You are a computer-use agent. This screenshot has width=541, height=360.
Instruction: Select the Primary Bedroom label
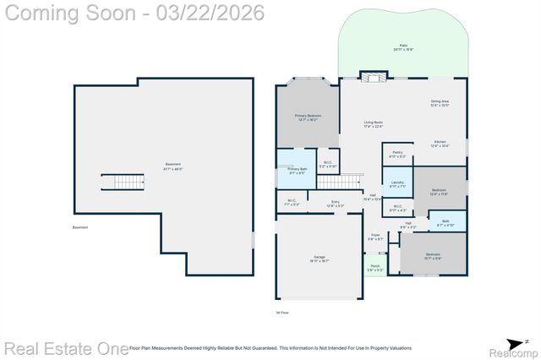[x=309, y=118]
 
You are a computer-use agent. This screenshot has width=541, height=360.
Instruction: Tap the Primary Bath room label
[x=297, y=172]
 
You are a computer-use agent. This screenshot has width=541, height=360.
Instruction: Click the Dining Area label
[x=440, y=103]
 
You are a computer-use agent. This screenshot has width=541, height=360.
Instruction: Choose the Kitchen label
[x=440, y=144]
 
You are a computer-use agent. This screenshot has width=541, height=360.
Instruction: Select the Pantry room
[x=396, y=155]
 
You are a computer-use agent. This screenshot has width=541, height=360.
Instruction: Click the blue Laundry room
[x=396, y=184]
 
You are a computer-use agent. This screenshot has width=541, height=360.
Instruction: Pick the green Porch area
[x=374, y=268]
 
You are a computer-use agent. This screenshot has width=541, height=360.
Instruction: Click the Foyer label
[x=374, y=237]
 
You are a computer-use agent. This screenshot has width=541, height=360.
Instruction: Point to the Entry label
[x=335, y=203]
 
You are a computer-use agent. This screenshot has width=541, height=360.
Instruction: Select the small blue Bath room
[x=445, y=223]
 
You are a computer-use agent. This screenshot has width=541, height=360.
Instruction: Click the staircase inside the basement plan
[x=117, y=182]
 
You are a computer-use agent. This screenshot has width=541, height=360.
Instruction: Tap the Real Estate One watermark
[x=66, y=348]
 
